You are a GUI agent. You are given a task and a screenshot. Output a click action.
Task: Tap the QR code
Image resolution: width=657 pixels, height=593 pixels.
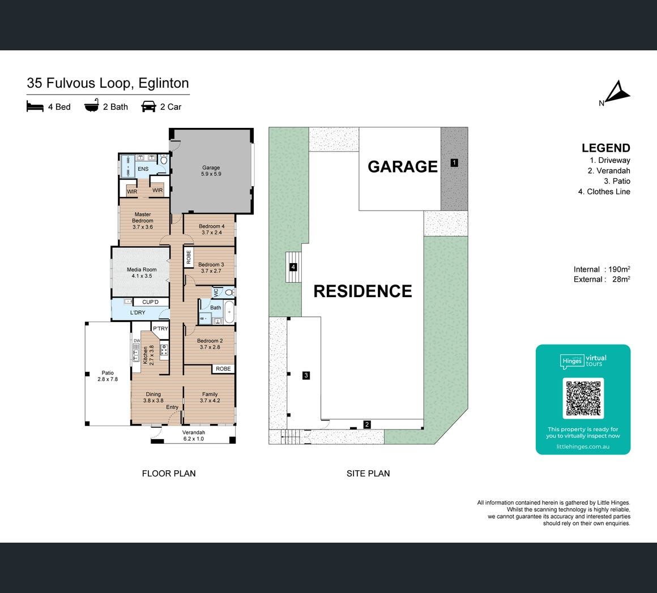[583, 398]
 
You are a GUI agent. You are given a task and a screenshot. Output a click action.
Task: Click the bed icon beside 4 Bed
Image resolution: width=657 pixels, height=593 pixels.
[35, 106]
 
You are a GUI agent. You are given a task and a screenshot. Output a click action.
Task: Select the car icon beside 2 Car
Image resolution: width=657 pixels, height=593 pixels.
[149, 107]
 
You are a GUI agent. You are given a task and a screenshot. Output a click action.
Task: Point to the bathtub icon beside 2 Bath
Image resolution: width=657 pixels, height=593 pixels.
[91, 106]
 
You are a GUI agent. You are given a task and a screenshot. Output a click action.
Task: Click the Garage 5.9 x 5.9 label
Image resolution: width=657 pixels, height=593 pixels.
[211, 171]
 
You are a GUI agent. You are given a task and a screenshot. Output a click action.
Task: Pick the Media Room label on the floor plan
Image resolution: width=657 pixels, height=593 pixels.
[142, 273]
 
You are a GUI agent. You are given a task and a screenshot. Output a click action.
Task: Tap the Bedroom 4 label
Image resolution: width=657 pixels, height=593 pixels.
[212, 229]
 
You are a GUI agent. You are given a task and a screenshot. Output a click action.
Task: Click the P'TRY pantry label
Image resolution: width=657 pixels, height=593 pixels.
[160, 329]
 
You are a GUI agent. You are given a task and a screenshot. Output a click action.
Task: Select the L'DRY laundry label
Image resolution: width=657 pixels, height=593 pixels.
[138, 312]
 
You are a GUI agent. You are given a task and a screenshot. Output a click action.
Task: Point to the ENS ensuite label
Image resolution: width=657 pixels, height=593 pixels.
[143, 169]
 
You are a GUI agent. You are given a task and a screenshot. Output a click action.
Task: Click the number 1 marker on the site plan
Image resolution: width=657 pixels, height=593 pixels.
[454, 163]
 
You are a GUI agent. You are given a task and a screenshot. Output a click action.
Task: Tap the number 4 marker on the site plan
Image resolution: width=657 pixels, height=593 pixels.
[293, 267]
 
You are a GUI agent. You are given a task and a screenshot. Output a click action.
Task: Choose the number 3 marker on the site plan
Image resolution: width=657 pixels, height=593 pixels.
[306, 375]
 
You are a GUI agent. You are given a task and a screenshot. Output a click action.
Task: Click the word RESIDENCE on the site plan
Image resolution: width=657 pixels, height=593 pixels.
[363, 291]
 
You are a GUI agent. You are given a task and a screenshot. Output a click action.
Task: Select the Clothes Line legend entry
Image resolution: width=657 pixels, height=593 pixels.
[604, 192]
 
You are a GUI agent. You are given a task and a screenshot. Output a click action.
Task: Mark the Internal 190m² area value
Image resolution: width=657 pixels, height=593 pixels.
[602, 269]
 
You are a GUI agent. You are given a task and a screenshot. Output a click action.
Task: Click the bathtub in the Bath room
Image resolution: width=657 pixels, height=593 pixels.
[229, 311]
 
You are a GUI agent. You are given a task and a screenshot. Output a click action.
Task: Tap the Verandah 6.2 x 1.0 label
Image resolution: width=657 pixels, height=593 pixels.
[194, 436]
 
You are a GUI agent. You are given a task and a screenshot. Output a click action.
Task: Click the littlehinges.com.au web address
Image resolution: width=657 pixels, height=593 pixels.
[583, 446]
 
